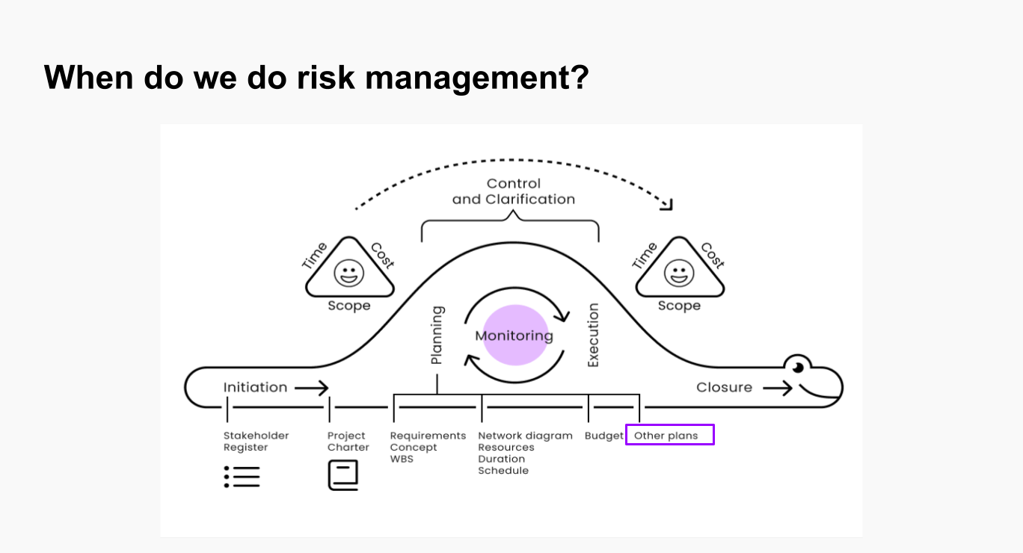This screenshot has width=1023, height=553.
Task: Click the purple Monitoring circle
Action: coord(515,335)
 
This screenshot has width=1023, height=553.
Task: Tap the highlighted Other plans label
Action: coord(669,435)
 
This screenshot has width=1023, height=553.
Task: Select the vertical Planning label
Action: coord(437,335)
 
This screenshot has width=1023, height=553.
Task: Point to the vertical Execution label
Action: coord(593,335)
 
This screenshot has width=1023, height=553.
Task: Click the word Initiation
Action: coord(255,387)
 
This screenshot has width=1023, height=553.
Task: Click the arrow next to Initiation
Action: coord(312,389)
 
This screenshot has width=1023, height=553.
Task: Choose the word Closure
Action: coord(724,387)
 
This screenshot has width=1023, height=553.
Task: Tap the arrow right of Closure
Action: coord(777,389)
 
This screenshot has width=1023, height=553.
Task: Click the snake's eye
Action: coord(798,368)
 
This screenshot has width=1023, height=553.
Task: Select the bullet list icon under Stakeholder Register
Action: coord(242,477)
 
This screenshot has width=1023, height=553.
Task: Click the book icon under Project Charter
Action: coord(343,475)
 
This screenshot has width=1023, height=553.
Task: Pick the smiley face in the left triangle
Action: coord(349,274)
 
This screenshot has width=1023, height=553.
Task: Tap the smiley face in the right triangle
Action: coord(679,274)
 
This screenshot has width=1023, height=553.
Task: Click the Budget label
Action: coord(603,436)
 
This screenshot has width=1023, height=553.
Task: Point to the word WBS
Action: coord(402,459)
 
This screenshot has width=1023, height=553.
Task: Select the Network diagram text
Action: coord(525,436)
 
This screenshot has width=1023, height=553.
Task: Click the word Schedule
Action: coord(503,470)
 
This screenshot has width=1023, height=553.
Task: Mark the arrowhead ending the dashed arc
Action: coord(668,205)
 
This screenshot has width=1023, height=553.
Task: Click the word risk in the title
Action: coord(325,77)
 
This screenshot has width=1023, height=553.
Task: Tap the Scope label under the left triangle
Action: coord(349,306)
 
